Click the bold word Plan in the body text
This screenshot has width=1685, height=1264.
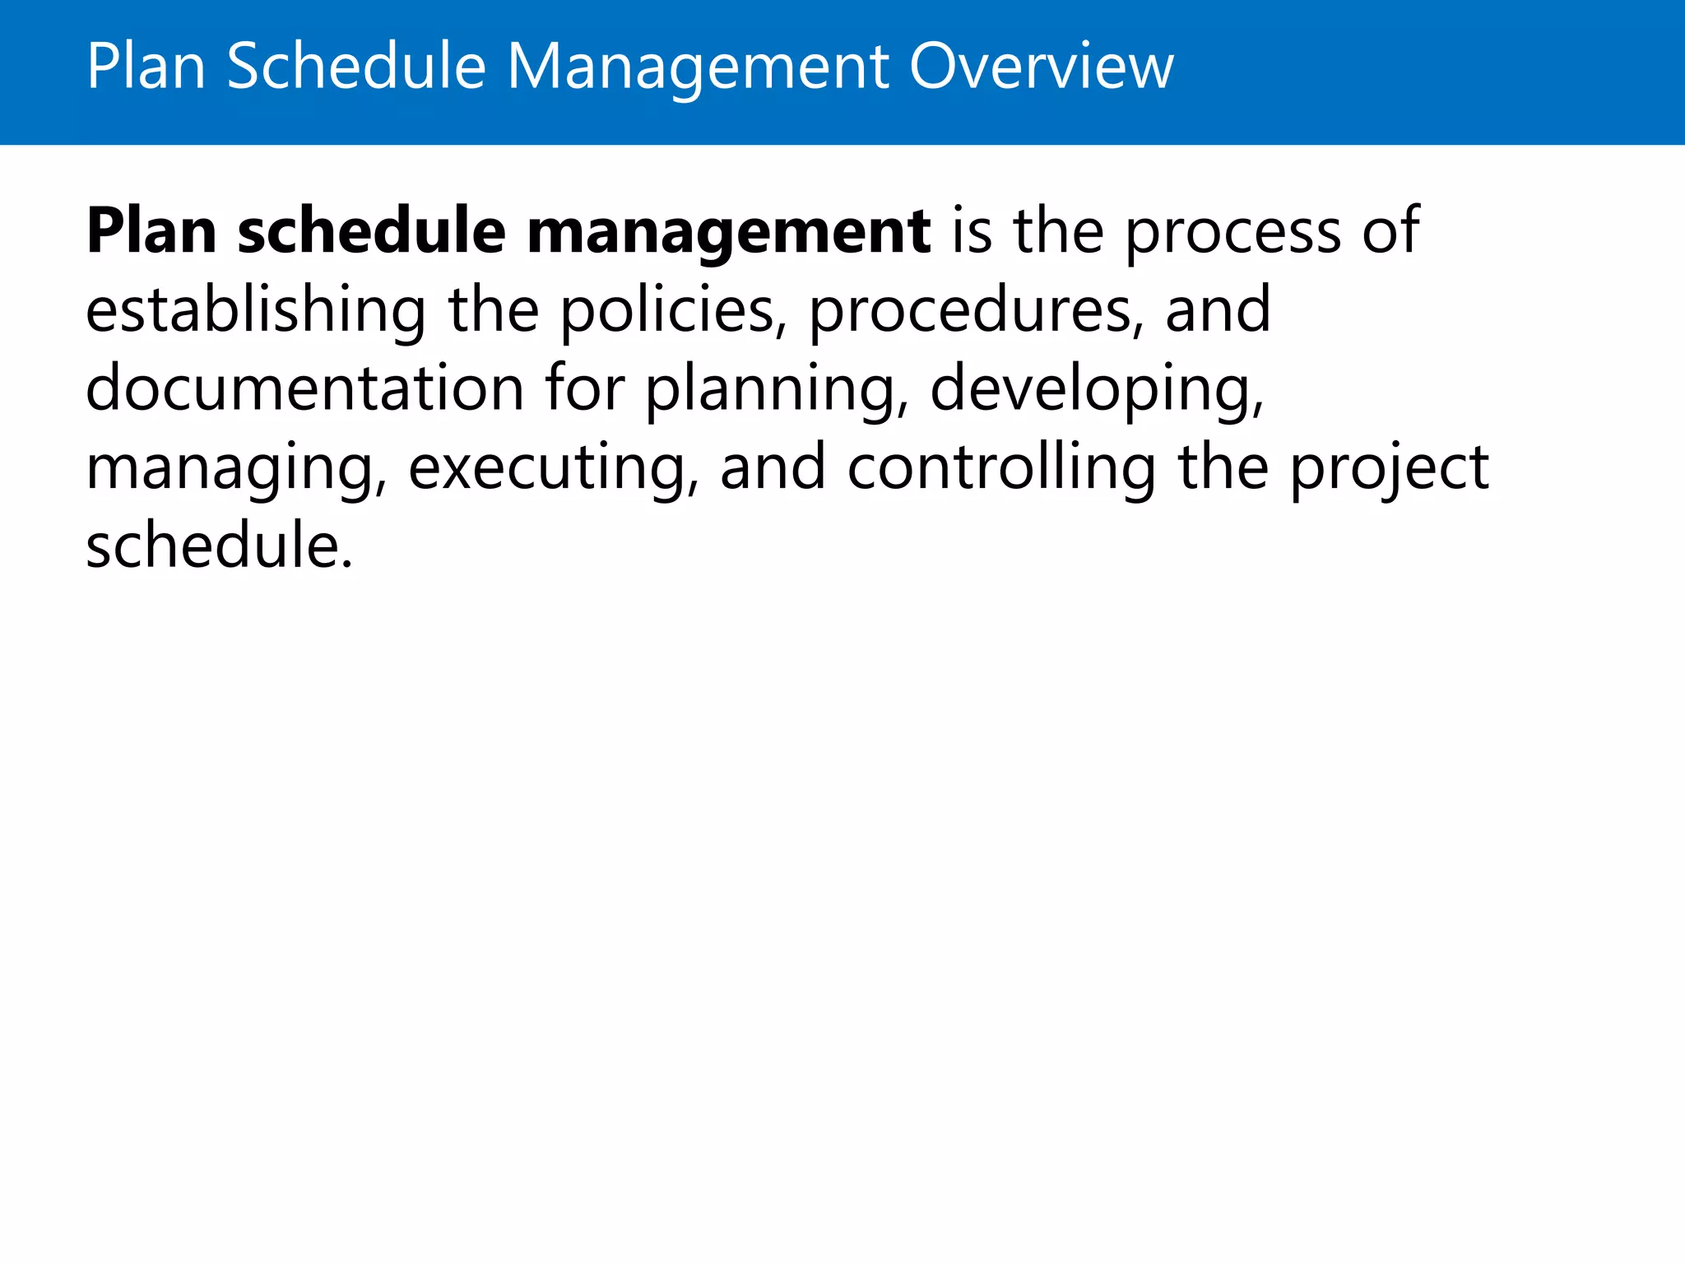pyautogui.click(x=152, y=232)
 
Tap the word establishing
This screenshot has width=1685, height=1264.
pyautogui.click(x=256, y=311)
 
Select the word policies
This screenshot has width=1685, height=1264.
pyautogui.click(x=668, y=311)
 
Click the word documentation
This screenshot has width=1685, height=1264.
pyautogui.click(x=305, y=388)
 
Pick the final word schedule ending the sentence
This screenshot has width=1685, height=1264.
pyautogui.click(x=219, y=546)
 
